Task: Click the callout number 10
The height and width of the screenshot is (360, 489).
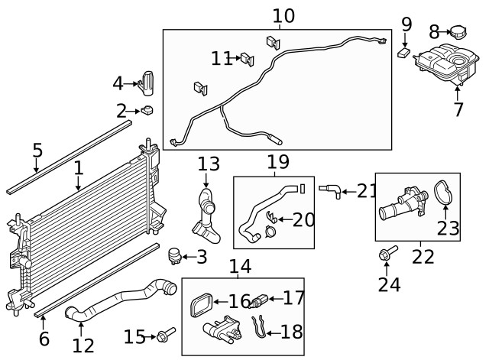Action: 283,15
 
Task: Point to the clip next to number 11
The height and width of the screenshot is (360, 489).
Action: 247,58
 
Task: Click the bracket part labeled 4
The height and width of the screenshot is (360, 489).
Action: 147,83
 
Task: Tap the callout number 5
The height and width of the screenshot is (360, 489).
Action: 37,150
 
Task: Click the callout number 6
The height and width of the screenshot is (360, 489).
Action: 44,339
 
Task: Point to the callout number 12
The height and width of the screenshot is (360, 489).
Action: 83,345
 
